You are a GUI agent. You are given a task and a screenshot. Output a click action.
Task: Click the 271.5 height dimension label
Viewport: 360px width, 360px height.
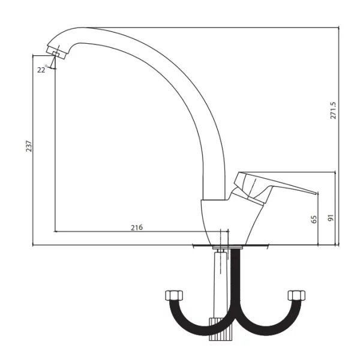(x=333, y=110)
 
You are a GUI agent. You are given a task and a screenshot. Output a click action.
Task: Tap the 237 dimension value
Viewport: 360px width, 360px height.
(x=29, y=146)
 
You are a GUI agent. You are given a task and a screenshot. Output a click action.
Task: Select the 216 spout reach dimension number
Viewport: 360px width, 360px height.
(x=137, y=227)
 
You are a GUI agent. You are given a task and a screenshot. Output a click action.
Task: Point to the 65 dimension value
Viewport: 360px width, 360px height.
(x=314, y=219)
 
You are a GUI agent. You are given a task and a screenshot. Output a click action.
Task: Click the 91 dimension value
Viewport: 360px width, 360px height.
(x=331, y=218)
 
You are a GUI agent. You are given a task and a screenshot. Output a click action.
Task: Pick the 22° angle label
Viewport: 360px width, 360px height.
(x=42, y=69)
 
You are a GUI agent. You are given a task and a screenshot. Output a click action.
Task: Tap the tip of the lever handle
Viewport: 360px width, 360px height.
(x=317, y=193)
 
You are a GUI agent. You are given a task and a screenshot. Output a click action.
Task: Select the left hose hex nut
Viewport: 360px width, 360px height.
(x=174, y=295)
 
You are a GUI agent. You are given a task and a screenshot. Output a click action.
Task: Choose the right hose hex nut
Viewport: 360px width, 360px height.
(x=296, y=295)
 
